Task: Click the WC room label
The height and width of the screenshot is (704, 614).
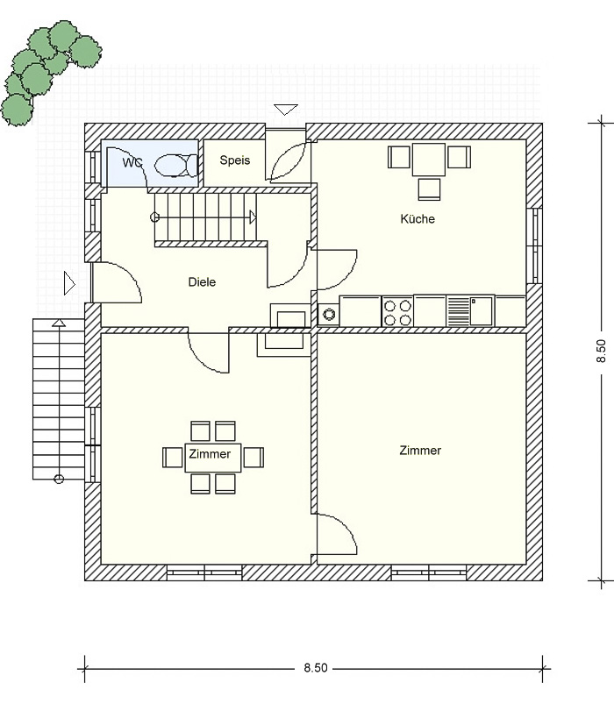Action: point(132,162)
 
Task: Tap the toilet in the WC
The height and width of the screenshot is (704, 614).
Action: point(176,165)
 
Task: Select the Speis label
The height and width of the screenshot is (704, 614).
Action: point(234,160)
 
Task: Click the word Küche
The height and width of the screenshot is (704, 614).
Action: point(418,218)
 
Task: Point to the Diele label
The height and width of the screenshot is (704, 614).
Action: point(202,282)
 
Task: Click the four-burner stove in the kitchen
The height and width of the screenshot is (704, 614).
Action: point(397,310)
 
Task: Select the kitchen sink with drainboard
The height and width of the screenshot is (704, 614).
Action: point(470,310)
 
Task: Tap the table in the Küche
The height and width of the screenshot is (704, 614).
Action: point(429,160)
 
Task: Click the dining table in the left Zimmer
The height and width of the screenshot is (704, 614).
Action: point(213,458)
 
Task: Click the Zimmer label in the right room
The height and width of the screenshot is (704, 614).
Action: point(420,451)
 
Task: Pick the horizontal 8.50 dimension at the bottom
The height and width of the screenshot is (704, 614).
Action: point(316,668)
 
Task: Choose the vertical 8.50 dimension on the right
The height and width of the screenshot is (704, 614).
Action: point(601,351)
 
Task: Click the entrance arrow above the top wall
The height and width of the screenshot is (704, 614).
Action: point(286,110)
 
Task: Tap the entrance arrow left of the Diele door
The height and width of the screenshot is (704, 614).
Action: point(69,283)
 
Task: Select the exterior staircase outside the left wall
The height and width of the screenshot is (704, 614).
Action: point(59,399)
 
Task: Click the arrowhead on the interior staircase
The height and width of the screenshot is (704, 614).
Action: point(253,217)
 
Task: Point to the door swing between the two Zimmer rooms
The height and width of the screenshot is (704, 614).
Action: point(337,533)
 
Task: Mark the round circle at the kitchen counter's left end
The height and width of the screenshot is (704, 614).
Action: point(329,314)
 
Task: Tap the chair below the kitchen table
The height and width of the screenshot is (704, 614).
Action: point(430,189)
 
